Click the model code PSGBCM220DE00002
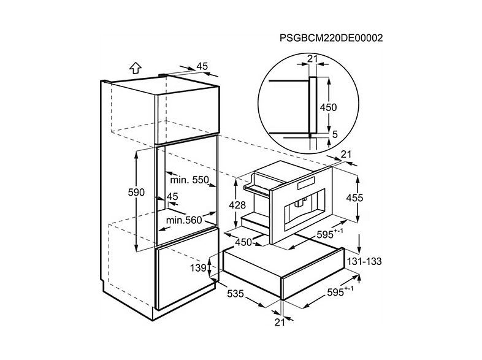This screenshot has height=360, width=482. (x=331, y=38)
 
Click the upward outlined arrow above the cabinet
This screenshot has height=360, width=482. (x=136, y=68)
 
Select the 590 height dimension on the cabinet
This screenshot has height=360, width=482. (x=136, y=193)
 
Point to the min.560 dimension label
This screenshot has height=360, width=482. (x=184, y=220)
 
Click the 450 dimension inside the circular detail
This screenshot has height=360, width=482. (x=328, y=107)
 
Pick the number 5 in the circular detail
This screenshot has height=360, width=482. (x=335, y=134)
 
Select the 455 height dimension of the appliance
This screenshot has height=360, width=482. (x=354, y=197)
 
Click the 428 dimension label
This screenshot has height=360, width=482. (x=237, y=205)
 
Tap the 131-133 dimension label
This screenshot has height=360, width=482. (x=364, y=261)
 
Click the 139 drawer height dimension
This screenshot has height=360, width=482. (x=198, y=268)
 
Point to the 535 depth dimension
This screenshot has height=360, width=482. (x=235, y=294)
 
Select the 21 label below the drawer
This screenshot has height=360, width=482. (x=280, y=322)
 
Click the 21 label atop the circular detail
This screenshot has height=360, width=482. (x=312, y=58)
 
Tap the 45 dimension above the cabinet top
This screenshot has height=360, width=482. (x=202, y=66)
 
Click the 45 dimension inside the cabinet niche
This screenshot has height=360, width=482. (x=172, y=196)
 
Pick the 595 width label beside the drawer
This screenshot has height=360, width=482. (x=340, y=291)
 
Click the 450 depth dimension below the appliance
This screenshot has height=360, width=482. (x=243, y=242)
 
